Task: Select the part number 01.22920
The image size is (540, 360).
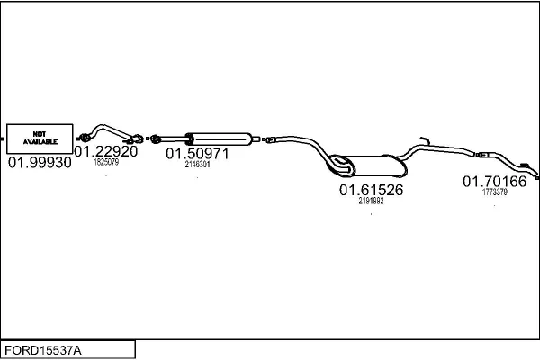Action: pos(106,151)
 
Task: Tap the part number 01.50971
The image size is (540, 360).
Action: pos(197,154)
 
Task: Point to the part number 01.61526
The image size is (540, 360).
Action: pos(371,190)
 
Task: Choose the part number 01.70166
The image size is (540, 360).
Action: pos(494,181)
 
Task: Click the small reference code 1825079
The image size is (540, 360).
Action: pos(106,162)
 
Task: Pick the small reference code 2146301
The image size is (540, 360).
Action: pos(197,165)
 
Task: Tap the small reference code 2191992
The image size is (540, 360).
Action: pos(371,201)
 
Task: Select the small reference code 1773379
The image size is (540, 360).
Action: pos(494,191)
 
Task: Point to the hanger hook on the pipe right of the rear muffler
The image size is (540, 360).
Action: pos(424,140)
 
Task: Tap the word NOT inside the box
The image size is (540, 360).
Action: pos(40,133)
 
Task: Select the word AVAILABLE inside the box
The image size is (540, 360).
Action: pos(40,142)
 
